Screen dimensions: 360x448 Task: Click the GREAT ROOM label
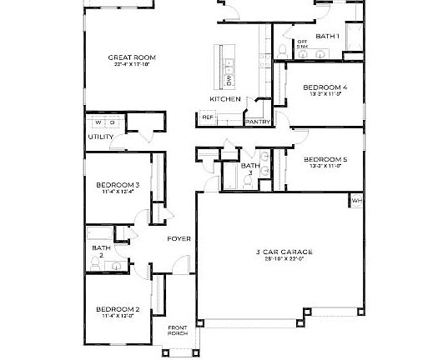(133, 58)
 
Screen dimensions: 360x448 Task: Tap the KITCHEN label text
(224, 99)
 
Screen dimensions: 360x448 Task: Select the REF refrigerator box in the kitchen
(208, 117)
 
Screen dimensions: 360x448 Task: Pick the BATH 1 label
(327, 36)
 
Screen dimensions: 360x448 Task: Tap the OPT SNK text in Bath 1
(303, 43)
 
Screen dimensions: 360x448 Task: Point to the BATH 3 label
(250, 169)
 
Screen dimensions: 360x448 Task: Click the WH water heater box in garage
(356, 201)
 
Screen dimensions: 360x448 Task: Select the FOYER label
(179, 239)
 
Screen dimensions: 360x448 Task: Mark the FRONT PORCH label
(178, 330)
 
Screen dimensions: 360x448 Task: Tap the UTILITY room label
(100, 137)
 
